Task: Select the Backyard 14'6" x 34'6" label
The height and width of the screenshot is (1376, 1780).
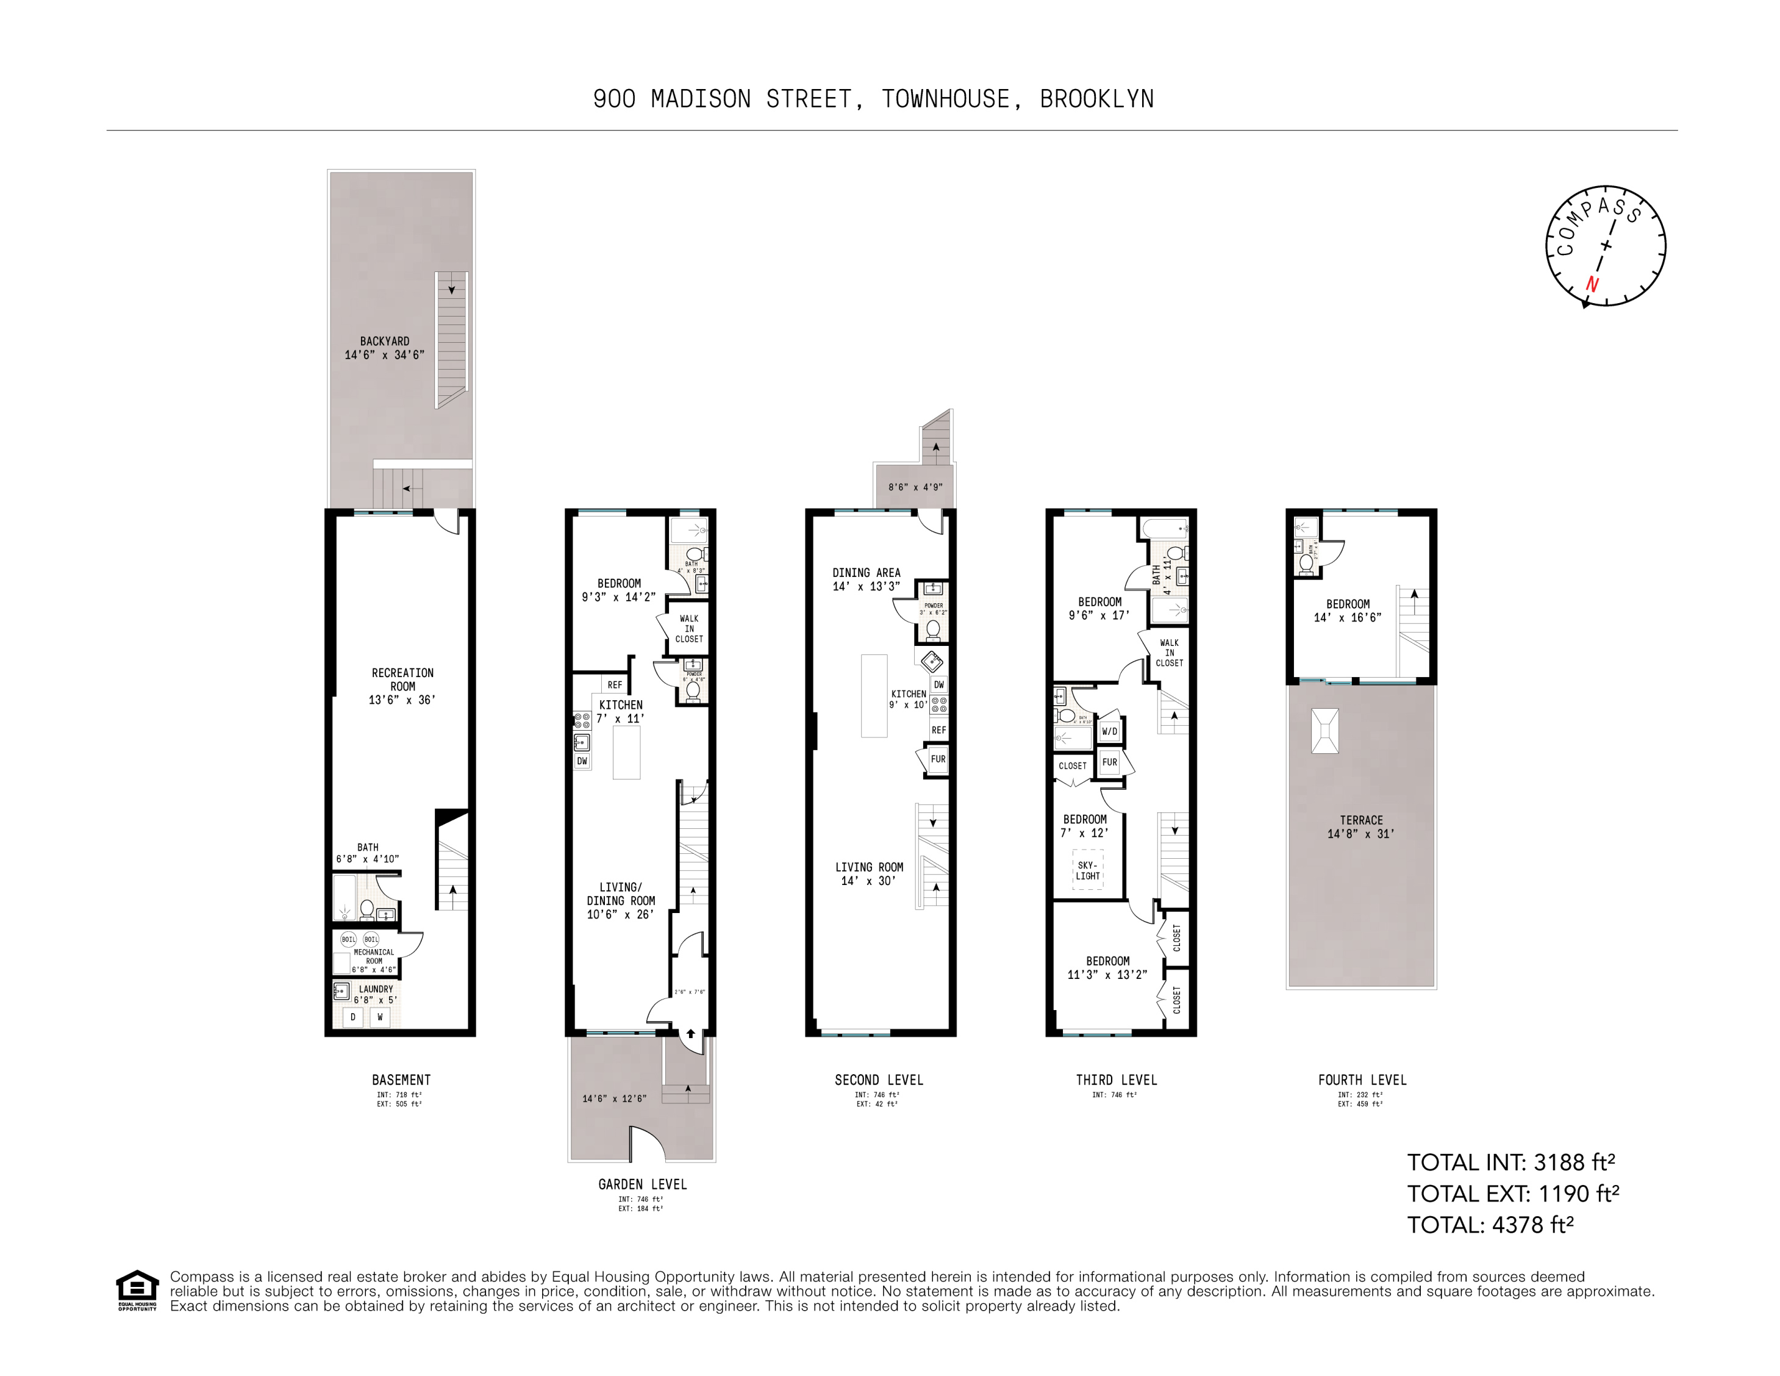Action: point(385,348)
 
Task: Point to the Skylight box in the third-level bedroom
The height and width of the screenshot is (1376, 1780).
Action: point(1088,870)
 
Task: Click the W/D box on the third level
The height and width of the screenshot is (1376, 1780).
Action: point(1109,731)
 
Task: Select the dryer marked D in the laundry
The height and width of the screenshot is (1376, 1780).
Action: point(353,1017)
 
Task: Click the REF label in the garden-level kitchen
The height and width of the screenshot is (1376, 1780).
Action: point(615,685)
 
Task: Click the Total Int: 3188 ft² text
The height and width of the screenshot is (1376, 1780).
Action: point(1510,1162)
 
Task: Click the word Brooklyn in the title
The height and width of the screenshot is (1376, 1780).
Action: point(1096,99)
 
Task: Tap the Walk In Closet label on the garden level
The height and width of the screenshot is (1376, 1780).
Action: point(688,628)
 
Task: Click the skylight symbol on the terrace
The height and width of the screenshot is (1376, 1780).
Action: point(1324,730)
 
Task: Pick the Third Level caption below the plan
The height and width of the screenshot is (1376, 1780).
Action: point(1116,1080)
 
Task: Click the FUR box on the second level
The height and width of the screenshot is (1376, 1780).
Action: point(938,759)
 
